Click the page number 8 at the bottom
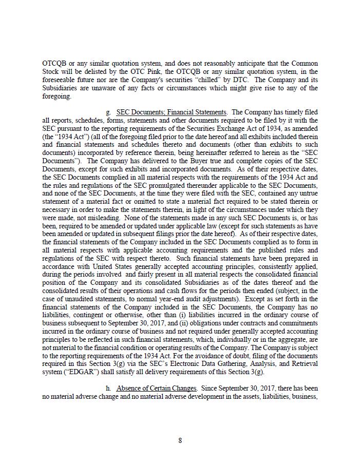[180, 440]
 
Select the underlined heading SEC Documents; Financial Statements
[171, 112]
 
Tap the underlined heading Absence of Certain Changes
[157, 389]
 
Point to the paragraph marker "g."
[108, 112]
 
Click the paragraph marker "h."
[108, 389]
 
